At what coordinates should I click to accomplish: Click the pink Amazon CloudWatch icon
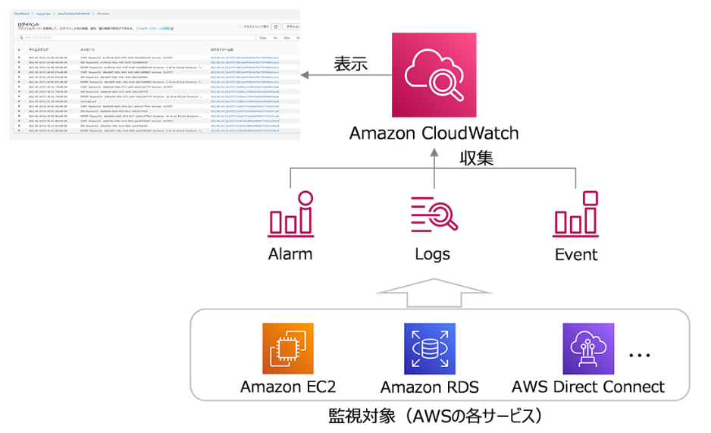point(434,74)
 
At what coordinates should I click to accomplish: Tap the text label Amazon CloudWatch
point(434,133)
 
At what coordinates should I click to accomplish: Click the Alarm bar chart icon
point(291,214)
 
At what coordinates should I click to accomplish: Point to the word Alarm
point(290,254)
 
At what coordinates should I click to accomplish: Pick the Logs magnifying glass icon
point(434,215)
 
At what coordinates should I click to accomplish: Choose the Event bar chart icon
point(576,214)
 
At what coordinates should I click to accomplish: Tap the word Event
point(576,254)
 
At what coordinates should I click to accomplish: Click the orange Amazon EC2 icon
point(287,348)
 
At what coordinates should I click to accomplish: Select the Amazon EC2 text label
point(287,387)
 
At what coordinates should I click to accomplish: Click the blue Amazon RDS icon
point(429,348)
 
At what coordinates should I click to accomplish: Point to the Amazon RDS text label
point(429,387)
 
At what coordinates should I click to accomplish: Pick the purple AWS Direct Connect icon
point(588,348)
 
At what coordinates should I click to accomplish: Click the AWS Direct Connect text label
point(588,387)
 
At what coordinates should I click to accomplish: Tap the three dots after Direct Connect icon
point(640,355)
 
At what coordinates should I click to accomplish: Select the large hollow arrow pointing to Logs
point(434,292)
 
